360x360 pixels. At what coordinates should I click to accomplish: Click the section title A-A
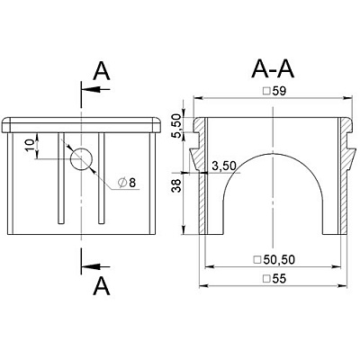click(273, 69)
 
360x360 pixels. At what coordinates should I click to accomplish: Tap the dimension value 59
click(279, 91)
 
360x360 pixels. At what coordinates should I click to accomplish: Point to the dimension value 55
click(279, 279)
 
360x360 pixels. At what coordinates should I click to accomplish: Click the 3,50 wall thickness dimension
click(224, 166)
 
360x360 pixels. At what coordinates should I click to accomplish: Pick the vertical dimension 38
click(176, 185)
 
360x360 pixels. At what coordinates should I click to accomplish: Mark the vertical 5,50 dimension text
click(177, 126)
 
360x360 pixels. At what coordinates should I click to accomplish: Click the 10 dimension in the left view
click(30, 146)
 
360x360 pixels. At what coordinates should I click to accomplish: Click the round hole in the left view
click(81, 159)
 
